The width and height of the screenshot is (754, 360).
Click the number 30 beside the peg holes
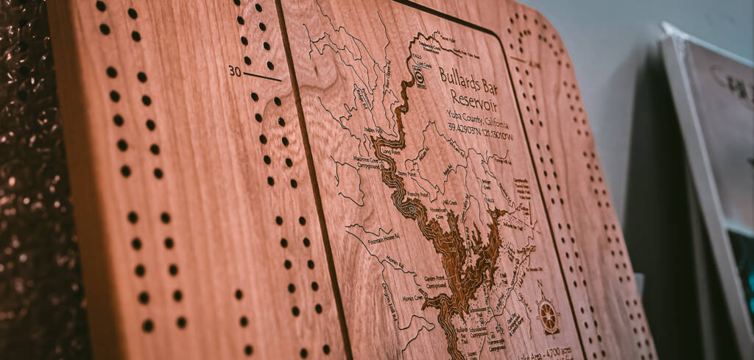[x=234, y=71]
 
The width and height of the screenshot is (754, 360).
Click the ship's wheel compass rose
[x=547, y=314]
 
